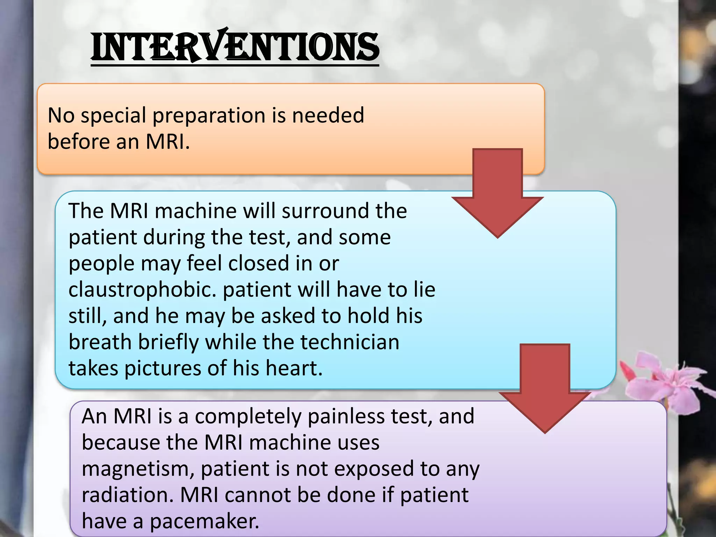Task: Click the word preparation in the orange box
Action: (209, 116)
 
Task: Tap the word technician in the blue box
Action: (350, 342)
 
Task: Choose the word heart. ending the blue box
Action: (294, 368)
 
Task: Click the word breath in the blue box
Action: (100, 342)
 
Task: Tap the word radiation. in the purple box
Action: (128, 495)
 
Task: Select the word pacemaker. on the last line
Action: (205, 522)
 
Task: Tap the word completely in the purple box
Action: (248, 417)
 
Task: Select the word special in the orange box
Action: (113, 116)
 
